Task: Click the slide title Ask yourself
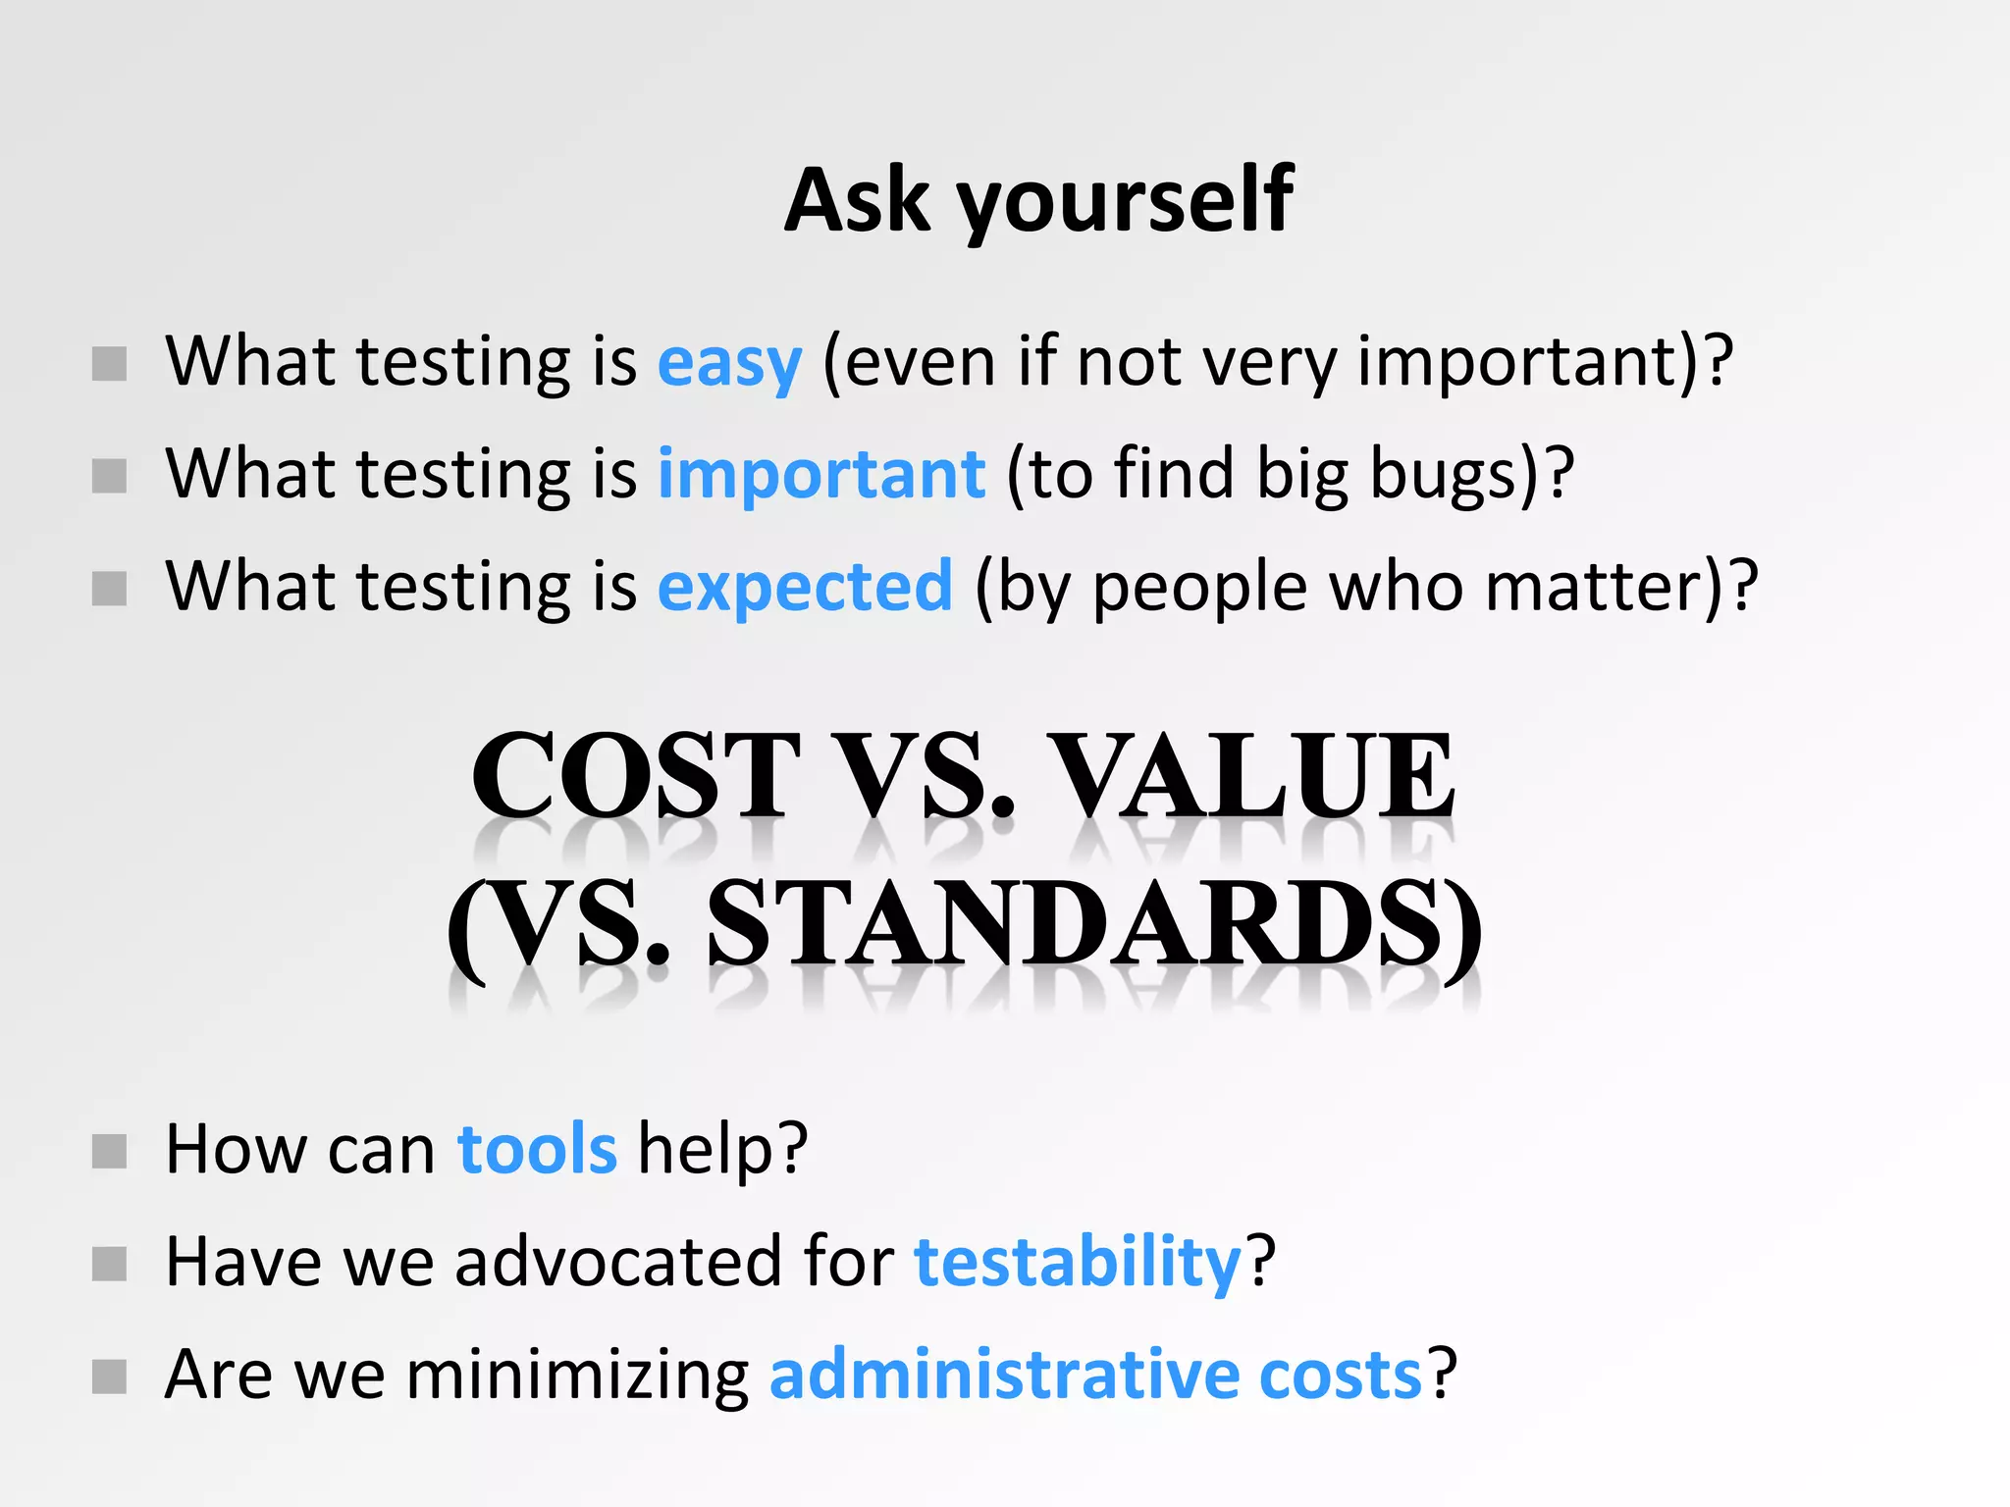1038,201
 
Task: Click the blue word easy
729,363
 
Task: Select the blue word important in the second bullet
820,475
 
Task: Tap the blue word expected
805,587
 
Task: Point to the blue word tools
537,1149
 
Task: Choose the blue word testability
1078,1262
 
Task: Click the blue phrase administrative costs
1095,1375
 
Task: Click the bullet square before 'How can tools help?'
109,1152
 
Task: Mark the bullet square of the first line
109,364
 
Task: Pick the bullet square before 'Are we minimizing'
109,1377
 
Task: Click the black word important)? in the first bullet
1546,363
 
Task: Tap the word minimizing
577,1375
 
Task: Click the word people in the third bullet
1199,587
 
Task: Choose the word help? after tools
723,1149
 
